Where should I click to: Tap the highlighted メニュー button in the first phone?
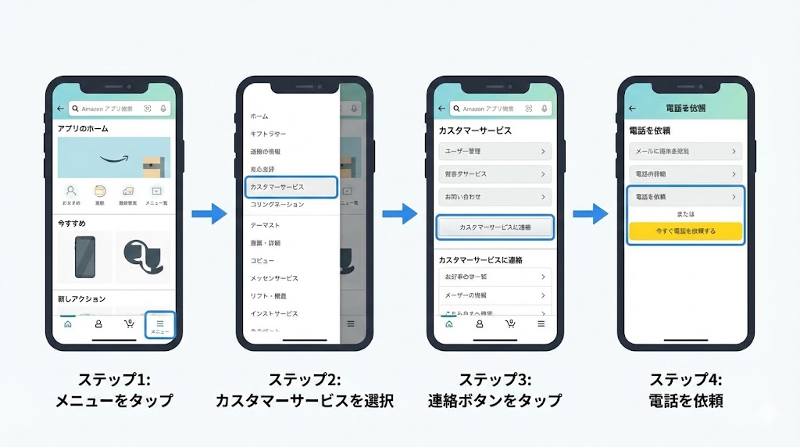tap(160, 325)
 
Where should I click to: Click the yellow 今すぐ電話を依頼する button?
tap(686, 231)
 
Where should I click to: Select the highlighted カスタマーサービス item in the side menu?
tap(291, 188)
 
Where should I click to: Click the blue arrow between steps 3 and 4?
tap(590, 213)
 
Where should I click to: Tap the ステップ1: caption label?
tap(113, 380)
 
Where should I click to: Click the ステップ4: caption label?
tap(686, 380)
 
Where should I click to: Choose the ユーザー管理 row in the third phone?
tap(495, 151)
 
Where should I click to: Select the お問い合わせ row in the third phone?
tap(495, 197)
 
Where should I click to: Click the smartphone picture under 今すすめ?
tap(85, 257)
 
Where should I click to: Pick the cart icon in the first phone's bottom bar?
tap(129, 324)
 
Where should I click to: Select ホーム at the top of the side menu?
tap(259, 116)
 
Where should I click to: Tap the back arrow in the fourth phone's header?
tap(632, 108)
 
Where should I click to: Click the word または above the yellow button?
tap(686, 213)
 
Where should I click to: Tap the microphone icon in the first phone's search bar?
tap(163, 109)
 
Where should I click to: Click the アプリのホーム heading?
tap(83, 129)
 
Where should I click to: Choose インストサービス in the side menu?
tap(274, 313)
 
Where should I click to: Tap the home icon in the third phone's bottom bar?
tap(448, 324)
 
